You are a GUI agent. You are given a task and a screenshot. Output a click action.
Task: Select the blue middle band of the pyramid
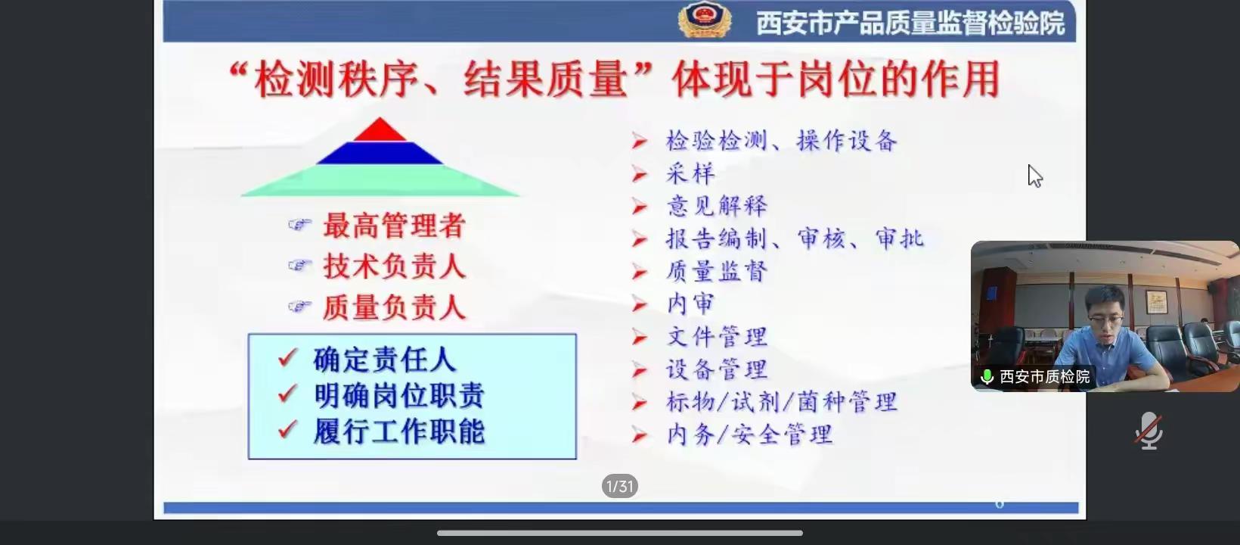tap(380, 153)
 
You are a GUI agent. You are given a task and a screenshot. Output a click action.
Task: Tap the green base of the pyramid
tap(380, 181)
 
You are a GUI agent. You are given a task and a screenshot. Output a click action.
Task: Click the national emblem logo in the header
tap(705, 20)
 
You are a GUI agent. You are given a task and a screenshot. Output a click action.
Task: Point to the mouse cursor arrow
tap(1034, 176)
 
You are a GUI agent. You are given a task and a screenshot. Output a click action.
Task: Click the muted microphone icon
tap(1149, 430)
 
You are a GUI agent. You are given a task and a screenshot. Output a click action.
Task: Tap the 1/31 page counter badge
tap(619, 486)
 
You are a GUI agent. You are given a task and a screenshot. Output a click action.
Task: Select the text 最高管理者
tap(394, 226)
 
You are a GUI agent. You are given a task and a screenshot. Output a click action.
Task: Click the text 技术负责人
tap(394, 266)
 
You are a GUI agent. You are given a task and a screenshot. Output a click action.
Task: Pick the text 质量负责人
tap(394, 307)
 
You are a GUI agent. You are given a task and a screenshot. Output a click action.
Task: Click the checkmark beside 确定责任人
tap(288, 357)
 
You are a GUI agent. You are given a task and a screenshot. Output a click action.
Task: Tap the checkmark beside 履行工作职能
tap(288, 429)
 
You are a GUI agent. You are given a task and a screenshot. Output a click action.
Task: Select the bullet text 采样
tap(690, 173)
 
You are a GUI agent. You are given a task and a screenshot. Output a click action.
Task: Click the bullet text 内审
tap(690, 304)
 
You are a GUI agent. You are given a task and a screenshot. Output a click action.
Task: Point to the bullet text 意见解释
tap(717, 206)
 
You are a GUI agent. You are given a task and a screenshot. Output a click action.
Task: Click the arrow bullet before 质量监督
tap(640, 272)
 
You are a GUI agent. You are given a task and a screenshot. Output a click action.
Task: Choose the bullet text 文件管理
tap(717, 337)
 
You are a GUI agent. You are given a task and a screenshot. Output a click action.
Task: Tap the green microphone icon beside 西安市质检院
tap(987, 377)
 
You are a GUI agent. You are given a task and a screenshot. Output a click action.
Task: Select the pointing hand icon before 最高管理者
tap(299, 225)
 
